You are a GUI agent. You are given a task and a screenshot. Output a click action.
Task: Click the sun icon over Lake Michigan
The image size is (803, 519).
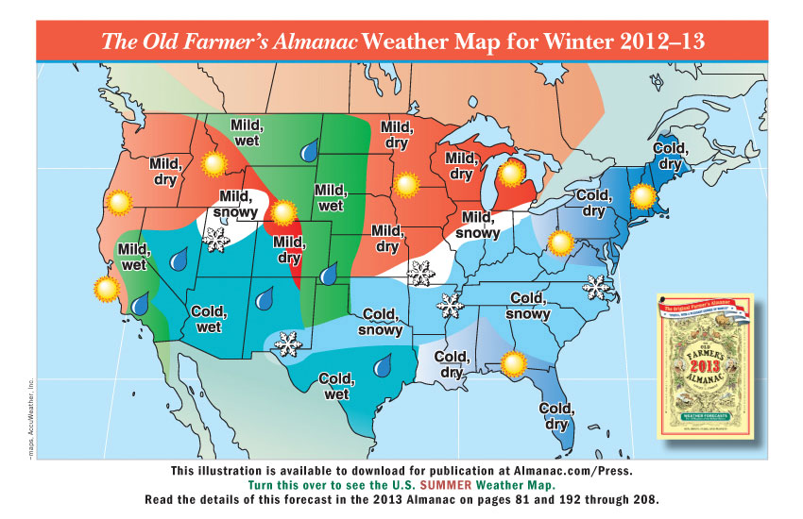[x=512, y=173]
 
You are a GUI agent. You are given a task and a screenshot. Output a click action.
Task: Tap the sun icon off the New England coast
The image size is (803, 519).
[x=643, y=197]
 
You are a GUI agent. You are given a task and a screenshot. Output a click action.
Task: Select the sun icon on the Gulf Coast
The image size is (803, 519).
[x=513, y=361]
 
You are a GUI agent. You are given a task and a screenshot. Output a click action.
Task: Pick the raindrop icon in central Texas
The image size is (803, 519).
[x=384, y=363]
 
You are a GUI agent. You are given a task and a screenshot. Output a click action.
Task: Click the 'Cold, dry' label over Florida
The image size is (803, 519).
[x=557, y=416]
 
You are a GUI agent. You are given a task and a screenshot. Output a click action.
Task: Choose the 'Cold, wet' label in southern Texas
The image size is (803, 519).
[x=337, y=387]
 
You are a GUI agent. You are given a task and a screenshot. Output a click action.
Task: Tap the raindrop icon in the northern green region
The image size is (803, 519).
[x=308, y=149]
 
